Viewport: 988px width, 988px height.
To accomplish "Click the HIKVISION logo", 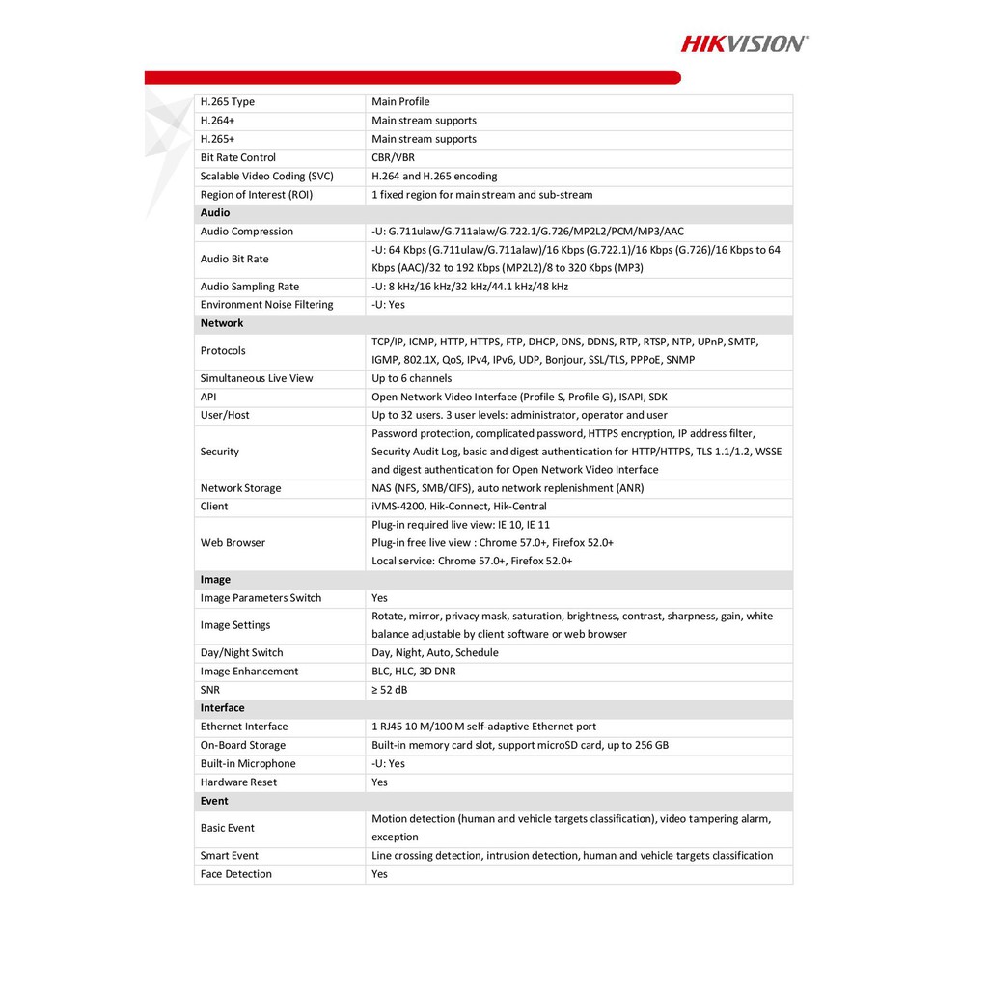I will pos(744,42).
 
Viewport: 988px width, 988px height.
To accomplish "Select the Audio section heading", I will pos(215,213).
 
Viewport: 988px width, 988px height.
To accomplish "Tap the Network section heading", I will pos(222,323).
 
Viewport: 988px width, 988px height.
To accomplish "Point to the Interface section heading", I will pos(223,708).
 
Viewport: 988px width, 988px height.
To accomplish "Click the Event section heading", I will pos(214,801).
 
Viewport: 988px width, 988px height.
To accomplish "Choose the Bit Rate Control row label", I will pos(238,157).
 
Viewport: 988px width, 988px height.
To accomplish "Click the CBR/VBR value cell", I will pos(393,157).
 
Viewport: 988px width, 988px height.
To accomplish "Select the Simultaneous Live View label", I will pos(257,378).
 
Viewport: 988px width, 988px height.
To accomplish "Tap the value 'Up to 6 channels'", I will pos(411,378).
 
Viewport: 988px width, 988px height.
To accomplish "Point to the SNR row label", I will pos(210,690).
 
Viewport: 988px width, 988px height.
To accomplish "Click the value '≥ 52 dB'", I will pos(391,690).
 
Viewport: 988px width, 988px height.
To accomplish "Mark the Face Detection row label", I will pos(236,874).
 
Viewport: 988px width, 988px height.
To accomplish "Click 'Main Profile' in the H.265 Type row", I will pos(400,102).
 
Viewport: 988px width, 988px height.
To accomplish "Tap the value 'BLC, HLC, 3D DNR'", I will pos(414,672).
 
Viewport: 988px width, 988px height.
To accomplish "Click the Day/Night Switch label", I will pos(242,653).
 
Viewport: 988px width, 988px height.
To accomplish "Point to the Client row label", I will pos(214,507).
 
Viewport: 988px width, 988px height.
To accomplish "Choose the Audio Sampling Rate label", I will pos(250,287).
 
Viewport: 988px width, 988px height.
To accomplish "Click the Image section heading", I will pos(215,580).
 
